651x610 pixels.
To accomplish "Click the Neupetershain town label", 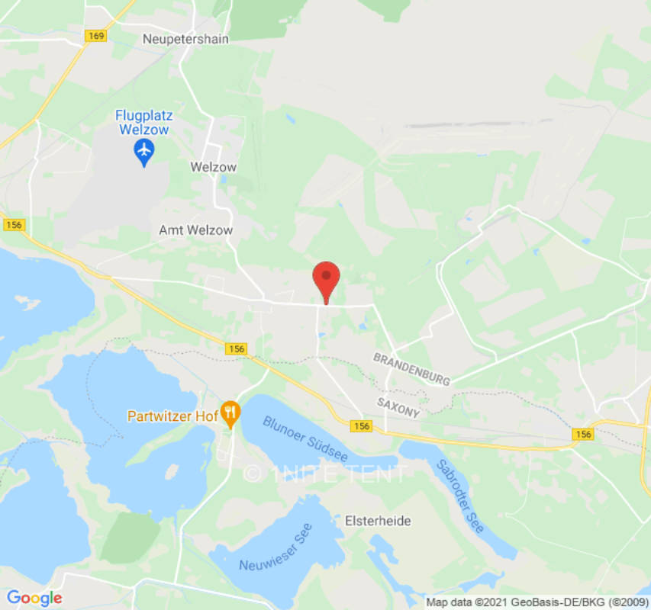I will (185, 38).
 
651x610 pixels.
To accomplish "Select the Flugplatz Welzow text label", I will (144, 122).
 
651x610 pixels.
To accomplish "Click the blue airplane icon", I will (143, 153).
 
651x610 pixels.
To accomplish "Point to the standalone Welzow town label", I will (213, 167).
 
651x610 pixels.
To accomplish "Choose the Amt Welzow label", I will (195, 230).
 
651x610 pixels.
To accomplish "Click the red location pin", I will (327, 279).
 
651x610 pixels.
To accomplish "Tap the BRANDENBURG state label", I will (411, 368).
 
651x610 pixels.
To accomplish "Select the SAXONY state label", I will (398, 406).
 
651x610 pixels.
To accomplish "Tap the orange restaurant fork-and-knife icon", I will (230, 414).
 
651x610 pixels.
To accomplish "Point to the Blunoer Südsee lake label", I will (305, 438).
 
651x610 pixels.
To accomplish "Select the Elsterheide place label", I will (378, 522).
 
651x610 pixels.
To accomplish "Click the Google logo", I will (34, 598).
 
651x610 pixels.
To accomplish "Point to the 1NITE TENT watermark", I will (326, 474).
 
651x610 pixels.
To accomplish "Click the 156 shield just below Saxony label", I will (362, 426).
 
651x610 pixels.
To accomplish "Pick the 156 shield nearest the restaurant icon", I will (237, 348).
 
